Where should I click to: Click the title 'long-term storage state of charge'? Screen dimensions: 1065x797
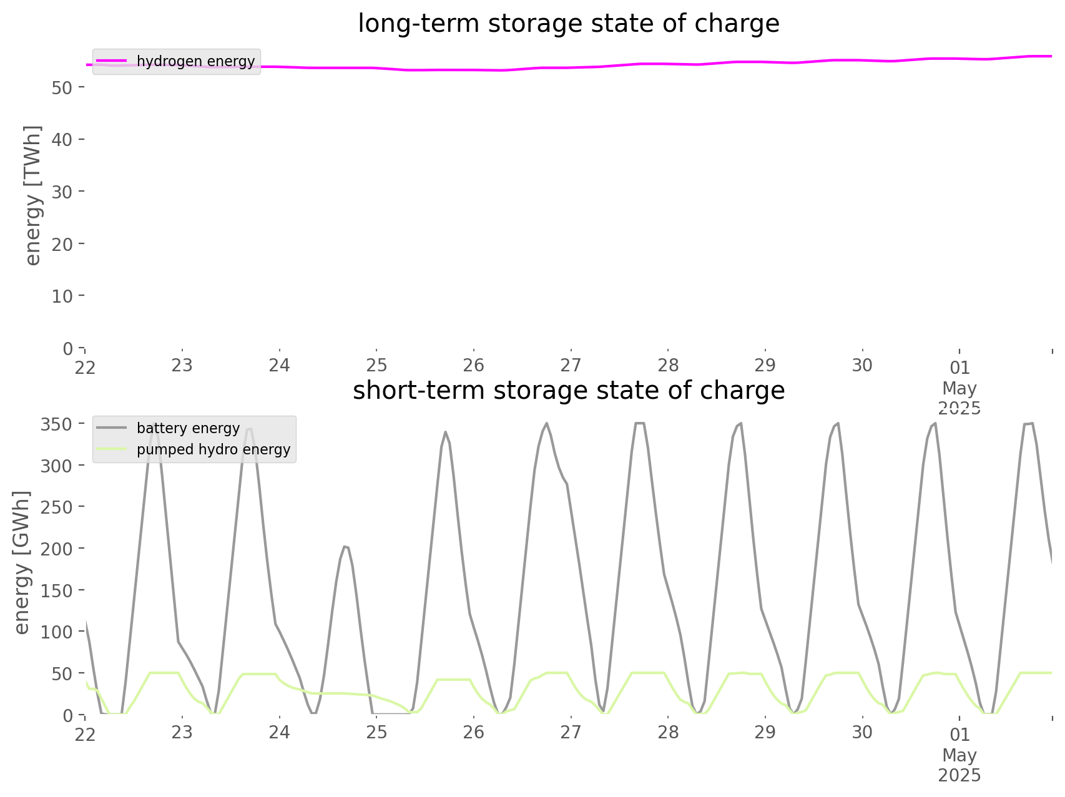(568, 24)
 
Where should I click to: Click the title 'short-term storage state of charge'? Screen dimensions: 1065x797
(568, 391)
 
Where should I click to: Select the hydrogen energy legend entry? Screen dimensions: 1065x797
(176, 61)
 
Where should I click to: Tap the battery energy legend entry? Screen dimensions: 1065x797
(169, 428)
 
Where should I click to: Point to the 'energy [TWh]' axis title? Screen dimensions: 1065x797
(33, 195)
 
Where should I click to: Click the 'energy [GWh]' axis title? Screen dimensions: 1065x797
(22, 562)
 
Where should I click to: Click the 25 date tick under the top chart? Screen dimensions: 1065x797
(376, 365)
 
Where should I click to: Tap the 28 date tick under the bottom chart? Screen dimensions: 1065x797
(668, 732)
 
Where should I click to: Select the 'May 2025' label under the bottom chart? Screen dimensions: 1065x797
(959, 765)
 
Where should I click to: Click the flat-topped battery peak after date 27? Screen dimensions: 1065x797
(639, 423)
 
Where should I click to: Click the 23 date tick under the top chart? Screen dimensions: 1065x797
(182, 365)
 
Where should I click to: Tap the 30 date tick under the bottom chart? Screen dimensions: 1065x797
(862, 732)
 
